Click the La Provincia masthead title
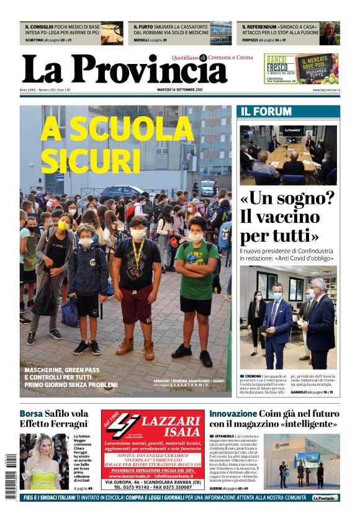click(x=124, y=69)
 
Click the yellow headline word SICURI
click(x=90, y=160)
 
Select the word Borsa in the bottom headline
click(x=31, y=414)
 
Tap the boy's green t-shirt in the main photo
click(x=195, y=270)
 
